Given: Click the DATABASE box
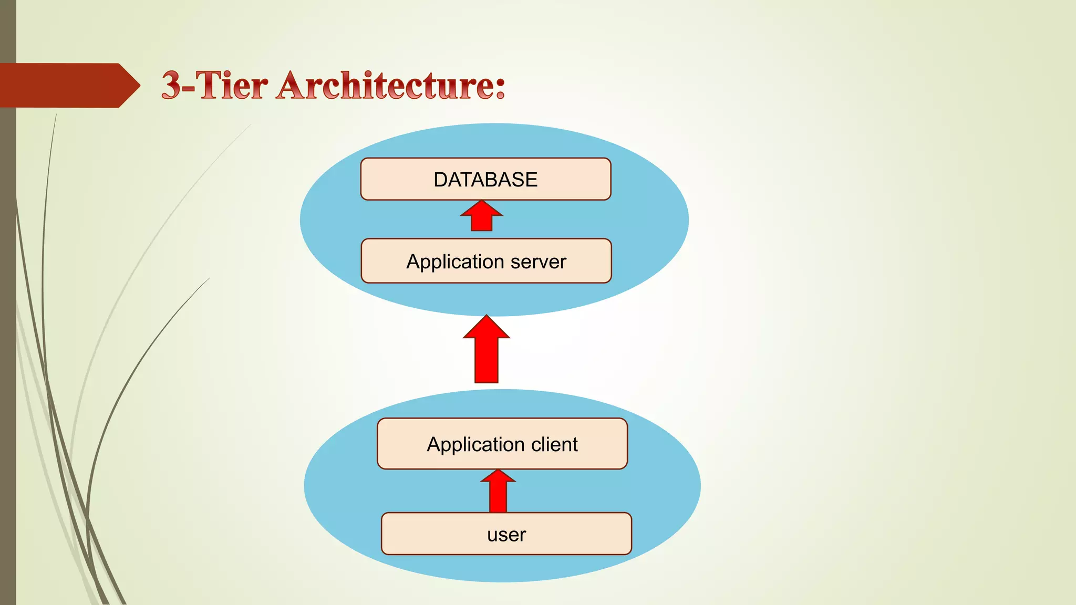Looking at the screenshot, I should point(485,179).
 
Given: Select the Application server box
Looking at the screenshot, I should point(486,261).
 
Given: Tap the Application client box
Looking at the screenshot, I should point(502,444).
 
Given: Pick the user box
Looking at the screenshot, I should point(506,534).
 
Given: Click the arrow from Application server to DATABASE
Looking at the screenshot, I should point(482,216).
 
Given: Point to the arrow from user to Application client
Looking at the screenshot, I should point(498,491).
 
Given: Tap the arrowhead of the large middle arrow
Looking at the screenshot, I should point(486,328).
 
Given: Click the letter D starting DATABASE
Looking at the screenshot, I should point(440,180).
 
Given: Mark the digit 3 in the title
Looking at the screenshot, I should point(171,86).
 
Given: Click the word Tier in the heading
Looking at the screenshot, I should point(232,86).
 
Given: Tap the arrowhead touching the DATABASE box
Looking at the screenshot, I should point(482,208).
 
